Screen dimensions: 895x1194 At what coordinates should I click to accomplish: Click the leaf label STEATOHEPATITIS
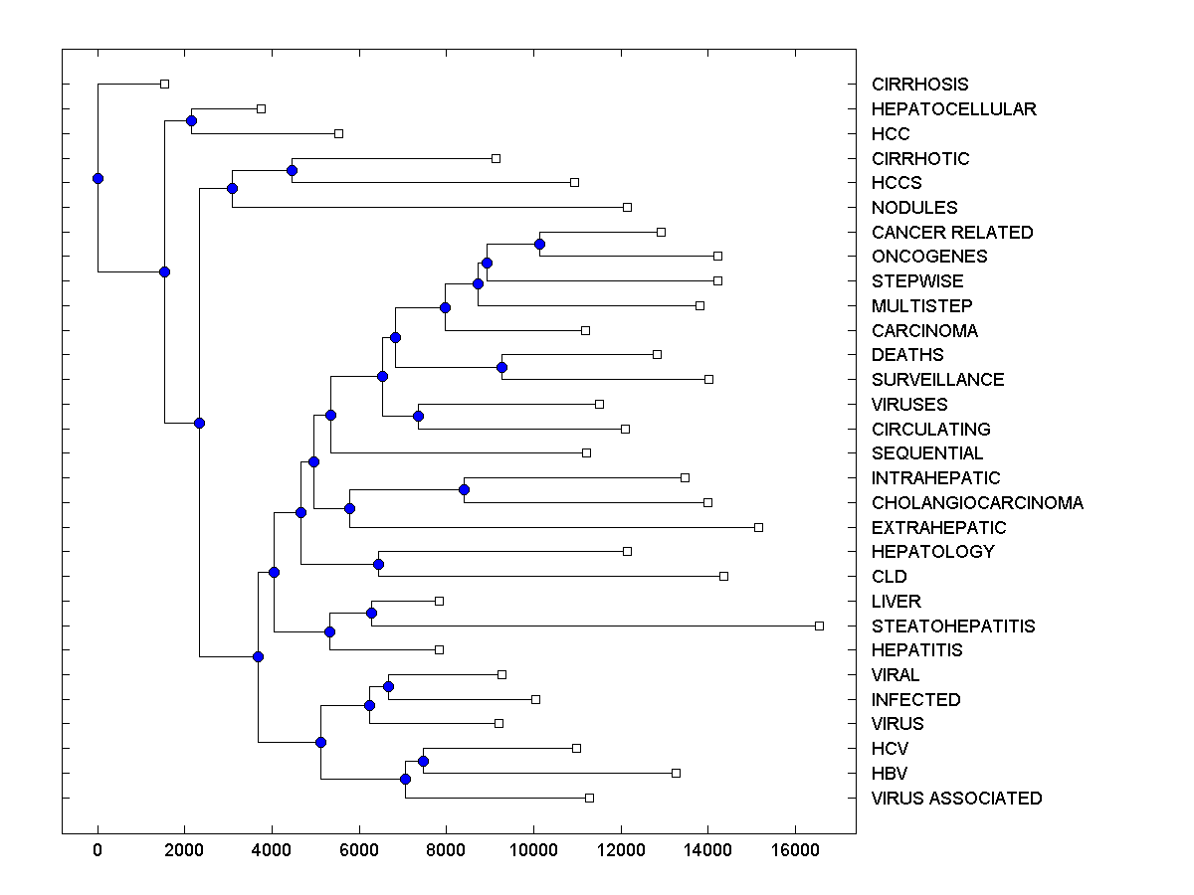tap(953, 626)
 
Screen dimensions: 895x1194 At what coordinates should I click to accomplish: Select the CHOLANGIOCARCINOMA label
tap(977, 502)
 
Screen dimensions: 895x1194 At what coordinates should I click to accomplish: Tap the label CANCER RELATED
tap(952, 232)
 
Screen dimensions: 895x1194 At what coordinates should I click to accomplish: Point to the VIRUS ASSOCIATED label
tap(956, 798)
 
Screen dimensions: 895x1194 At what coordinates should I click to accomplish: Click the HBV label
tap(890, 773)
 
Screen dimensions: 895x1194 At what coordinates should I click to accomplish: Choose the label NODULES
tap(914, 207)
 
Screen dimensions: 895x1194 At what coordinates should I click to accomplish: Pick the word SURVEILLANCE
tap(937, 379)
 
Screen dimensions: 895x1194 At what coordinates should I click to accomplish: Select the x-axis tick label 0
tap(98, 850)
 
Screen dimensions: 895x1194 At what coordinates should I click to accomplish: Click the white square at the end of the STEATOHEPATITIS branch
tap(819, 626)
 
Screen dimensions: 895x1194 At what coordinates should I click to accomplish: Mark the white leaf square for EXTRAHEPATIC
tap(758, 527)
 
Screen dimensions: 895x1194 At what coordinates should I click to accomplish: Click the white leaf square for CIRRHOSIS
tap(165, 85)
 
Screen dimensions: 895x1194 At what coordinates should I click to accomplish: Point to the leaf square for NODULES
tap(627, 207)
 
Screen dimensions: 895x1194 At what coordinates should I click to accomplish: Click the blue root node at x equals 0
tap(98, 178)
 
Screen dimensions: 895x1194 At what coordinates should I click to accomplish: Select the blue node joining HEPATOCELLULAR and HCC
tap(191, 120)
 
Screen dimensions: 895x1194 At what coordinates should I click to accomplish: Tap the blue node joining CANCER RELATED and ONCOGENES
tap(539, 244)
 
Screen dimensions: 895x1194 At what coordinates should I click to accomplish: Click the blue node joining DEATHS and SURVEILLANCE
tap(501, 367)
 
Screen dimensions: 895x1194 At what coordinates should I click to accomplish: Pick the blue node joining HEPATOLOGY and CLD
tap(378, 564)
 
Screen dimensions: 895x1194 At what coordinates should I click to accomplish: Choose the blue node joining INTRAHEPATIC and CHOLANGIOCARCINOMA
tap(464, 489)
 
